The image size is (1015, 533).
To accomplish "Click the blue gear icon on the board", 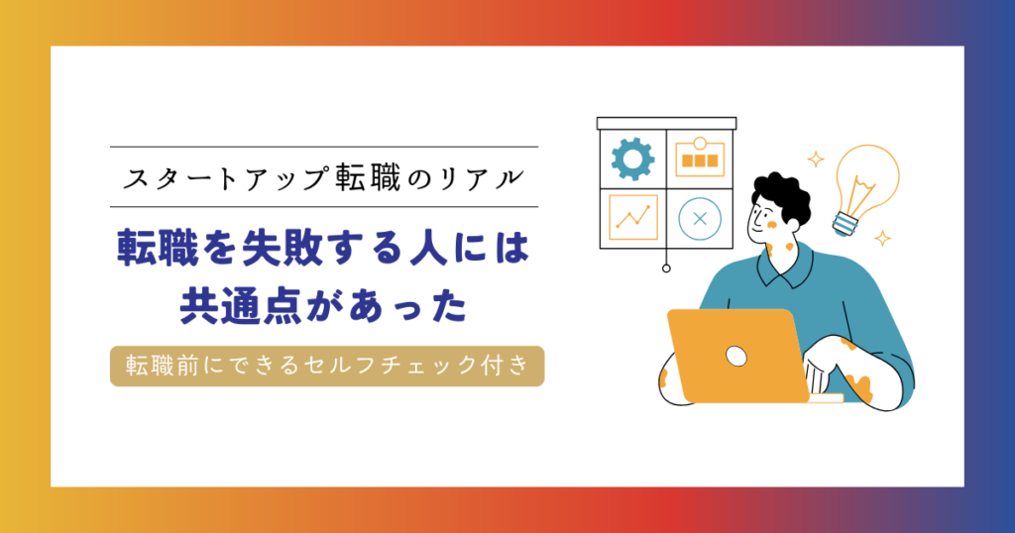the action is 632,159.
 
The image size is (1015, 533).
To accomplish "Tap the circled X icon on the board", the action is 700,219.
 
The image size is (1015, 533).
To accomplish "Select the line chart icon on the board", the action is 633,217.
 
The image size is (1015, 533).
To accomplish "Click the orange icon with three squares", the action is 700,158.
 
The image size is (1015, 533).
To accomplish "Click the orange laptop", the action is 737,355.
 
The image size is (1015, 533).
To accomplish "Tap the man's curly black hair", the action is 782,196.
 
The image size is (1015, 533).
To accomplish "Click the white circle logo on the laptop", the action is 736,356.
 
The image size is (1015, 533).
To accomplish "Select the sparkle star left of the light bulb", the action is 816,159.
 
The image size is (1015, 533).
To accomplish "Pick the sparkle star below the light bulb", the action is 882,238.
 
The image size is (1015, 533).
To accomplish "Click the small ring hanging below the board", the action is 666,267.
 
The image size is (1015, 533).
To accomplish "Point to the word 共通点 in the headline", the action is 241,305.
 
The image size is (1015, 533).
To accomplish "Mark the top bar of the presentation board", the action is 666,123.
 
